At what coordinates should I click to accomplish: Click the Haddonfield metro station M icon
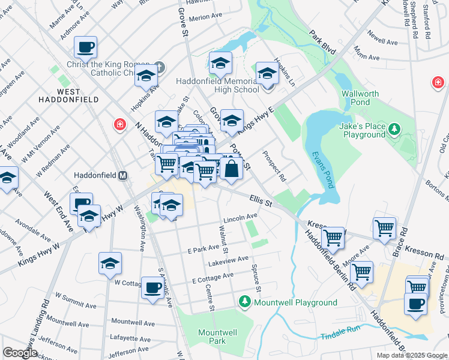pos(122,176)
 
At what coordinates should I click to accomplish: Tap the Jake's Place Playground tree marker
pos(394,128)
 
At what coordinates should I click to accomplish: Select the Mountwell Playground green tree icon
pos(245,301)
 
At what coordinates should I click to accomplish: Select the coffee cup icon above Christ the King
pos(85,46)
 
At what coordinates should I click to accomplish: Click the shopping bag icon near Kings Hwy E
pos(231,168)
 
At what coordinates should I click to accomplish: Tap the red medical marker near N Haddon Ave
pos(120,124)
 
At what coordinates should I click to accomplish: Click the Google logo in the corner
pos(20,352)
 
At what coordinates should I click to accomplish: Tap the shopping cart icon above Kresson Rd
pos(384,228)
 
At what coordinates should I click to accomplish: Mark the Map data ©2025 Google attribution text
pos(412,355)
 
